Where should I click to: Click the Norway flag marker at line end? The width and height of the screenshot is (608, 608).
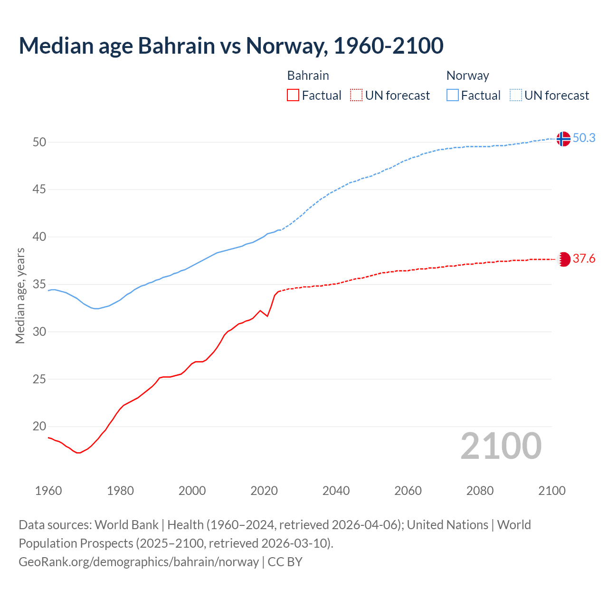tap(563, 139)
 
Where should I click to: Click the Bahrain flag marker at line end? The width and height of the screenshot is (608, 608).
tap(563, 259)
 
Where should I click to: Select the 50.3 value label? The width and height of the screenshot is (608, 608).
tap(584, 138)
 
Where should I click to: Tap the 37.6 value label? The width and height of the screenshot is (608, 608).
tap(584, 259)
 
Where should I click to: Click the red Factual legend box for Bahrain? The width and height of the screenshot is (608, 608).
tap(293, 95)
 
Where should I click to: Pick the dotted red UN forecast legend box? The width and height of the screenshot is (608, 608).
tap(356, 95)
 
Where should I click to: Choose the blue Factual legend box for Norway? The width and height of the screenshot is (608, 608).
tap(452, 95)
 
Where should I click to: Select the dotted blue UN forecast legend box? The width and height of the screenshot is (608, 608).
tap(515, 95)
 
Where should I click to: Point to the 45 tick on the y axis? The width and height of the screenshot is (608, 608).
tap(39, 190)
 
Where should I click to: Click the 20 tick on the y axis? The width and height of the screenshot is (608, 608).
tap(39, 426)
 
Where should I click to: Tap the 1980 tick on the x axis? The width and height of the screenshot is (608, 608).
tap(120, 491)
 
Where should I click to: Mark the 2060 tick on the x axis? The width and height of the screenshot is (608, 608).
tap(408, 491)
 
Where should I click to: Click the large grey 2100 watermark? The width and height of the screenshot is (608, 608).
tap(501, 446)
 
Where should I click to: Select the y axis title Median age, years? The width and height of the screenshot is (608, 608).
tap(20, 295)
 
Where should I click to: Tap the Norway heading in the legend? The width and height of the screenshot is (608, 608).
tap(467, 76)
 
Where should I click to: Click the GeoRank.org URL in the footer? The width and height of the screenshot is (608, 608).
tap(139, 562)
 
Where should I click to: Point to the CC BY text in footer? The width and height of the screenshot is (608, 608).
tap(285, 562)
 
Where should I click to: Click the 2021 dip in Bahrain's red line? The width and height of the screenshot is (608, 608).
tap(267, 316)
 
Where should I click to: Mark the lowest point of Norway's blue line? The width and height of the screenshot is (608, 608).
tap(96, 309)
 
